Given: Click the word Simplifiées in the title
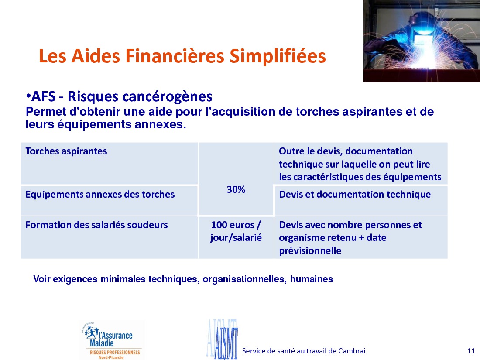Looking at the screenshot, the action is (x=278, y=56).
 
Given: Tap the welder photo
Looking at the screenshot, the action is (x=422, y=41).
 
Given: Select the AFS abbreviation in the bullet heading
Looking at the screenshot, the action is (x=44, y=96).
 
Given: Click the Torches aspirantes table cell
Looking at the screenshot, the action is (x=109, y=163).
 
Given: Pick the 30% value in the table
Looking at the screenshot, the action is (x=236, y=189).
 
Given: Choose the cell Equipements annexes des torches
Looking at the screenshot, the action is (x=109, y=201).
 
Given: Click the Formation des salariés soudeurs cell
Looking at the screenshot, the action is (x=109, y=237).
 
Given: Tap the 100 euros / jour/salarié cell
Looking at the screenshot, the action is (x=236, y=237).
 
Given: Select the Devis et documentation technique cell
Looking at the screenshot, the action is (x=361, y=201).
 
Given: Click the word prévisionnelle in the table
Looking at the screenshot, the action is (x=310, y=251).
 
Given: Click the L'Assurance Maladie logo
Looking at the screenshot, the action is (x=111, y=340).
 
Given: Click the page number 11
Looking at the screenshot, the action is (x=471, y=351).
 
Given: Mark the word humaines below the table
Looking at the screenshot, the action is (x=311, y=279).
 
